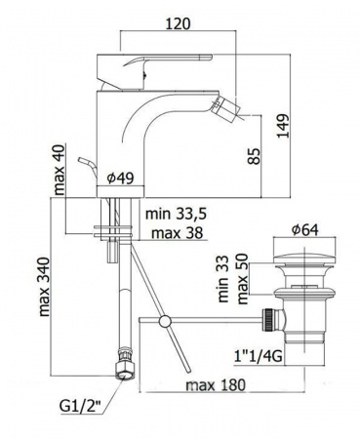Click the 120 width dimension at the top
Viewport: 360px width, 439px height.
178,23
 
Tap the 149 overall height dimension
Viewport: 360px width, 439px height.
283,126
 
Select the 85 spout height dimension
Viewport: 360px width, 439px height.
255,156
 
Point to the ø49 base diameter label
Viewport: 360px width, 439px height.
120,178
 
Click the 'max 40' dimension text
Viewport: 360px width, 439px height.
60,169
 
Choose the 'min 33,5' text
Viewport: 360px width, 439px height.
177,215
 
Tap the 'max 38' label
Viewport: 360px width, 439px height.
178,233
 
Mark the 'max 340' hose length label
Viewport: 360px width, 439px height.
44,287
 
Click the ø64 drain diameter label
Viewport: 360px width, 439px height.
305,230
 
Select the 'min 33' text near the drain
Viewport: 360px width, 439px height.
223,279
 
